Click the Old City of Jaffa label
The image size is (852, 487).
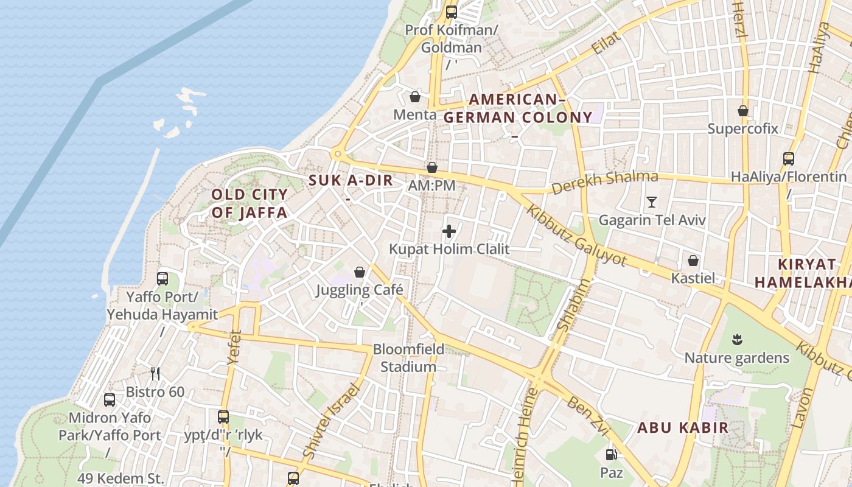pos(249,203)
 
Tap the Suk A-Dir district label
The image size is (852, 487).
pos(351,180)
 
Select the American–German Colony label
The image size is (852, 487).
pos(517,108)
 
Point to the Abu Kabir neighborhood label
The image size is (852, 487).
pos(682,427)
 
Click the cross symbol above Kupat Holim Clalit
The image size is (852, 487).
pos(449,231)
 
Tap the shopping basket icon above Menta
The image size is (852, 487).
pos(415,97)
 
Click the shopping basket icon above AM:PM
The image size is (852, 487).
pos(432,167)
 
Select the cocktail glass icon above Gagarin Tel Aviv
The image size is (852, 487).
pos(652,202)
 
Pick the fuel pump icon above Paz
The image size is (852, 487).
pos(611,454)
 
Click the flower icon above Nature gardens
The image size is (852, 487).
pos(737,339)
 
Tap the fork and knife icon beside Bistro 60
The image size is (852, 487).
pos(155,373)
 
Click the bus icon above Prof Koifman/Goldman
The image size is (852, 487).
pos(451,12)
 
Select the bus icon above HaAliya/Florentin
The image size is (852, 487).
pos(789,159)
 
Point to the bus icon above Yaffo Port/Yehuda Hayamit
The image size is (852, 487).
pos(162,279)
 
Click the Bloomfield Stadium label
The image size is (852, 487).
pos(408,358)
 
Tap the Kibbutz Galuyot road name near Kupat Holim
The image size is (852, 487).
pos(576,235)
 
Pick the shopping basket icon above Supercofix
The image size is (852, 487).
pos(743,111)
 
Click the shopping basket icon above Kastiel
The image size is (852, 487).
pos(693,261)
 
